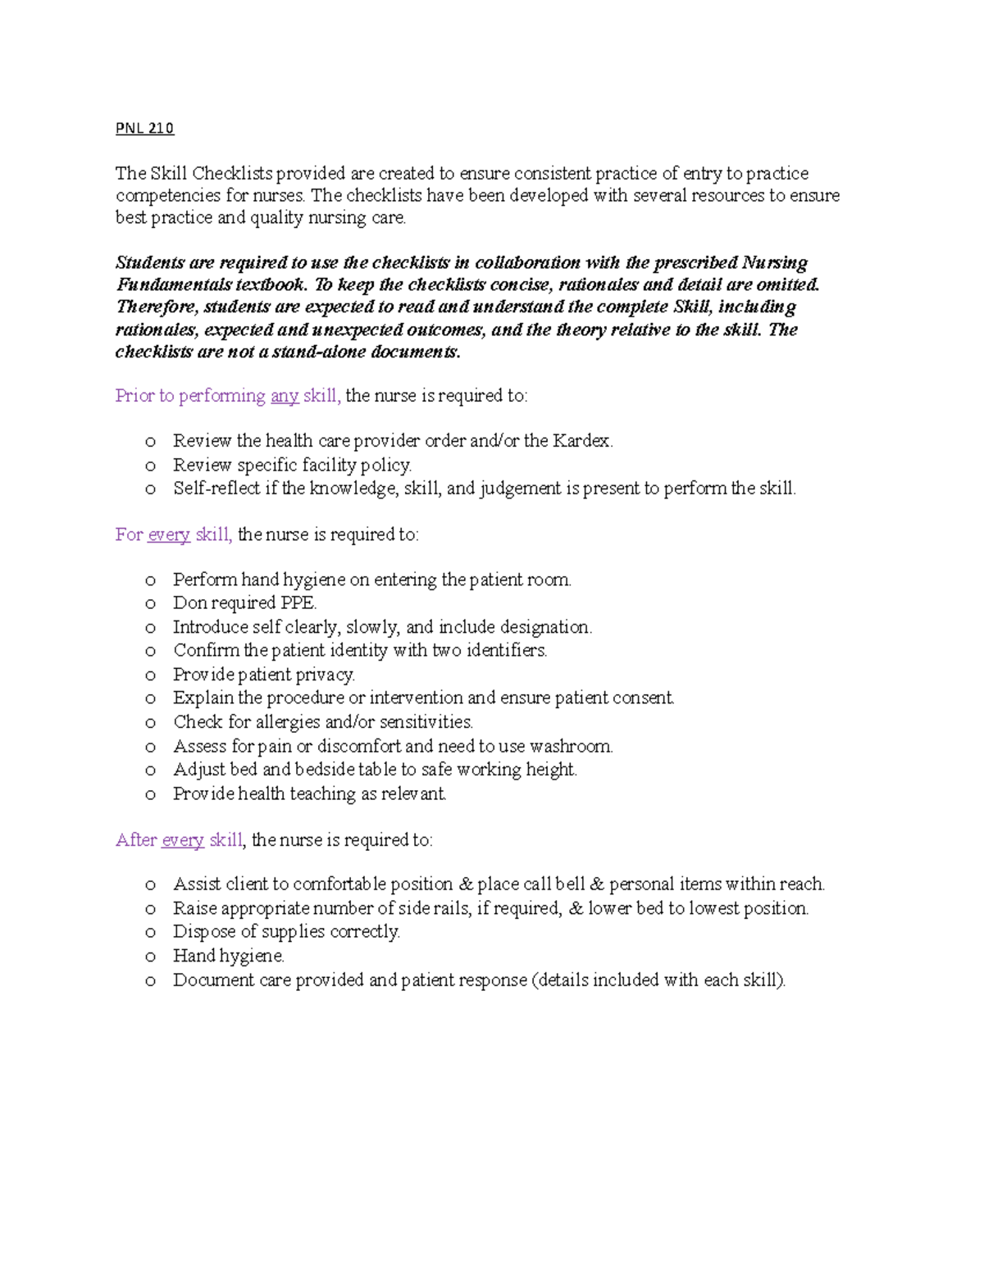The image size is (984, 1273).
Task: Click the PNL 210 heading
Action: click(x=144, y=128)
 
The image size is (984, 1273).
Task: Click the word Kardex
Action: click(x=581, y=441)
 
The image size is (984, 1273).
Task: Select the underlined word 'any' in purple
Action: click(x=285, y=396)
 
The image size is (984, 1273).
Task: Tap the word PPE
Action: click(x=298, y=603)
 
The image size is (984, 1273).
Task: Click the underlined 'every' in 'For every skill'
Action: click(x=169, y=535)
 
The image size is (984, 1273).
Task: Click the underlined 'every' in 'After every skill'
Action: click(x=183, y=840)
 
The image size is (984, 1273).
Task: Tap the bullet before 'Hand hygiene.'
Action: click(x=150, y=957)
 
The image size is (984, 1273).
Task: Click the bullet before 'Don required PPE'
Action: click(x=150, y=604)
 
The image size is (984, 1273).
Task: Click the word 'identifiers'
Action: click(x=506, y=651)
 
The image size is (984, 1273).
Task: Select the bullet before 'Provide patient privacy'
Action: click(x=150, y=675)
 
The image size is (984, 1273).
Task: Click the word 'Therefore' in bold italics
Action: click(x=156, y=307)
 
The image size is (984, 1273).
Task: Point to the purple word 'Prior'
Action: click(x=134, y=396)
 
